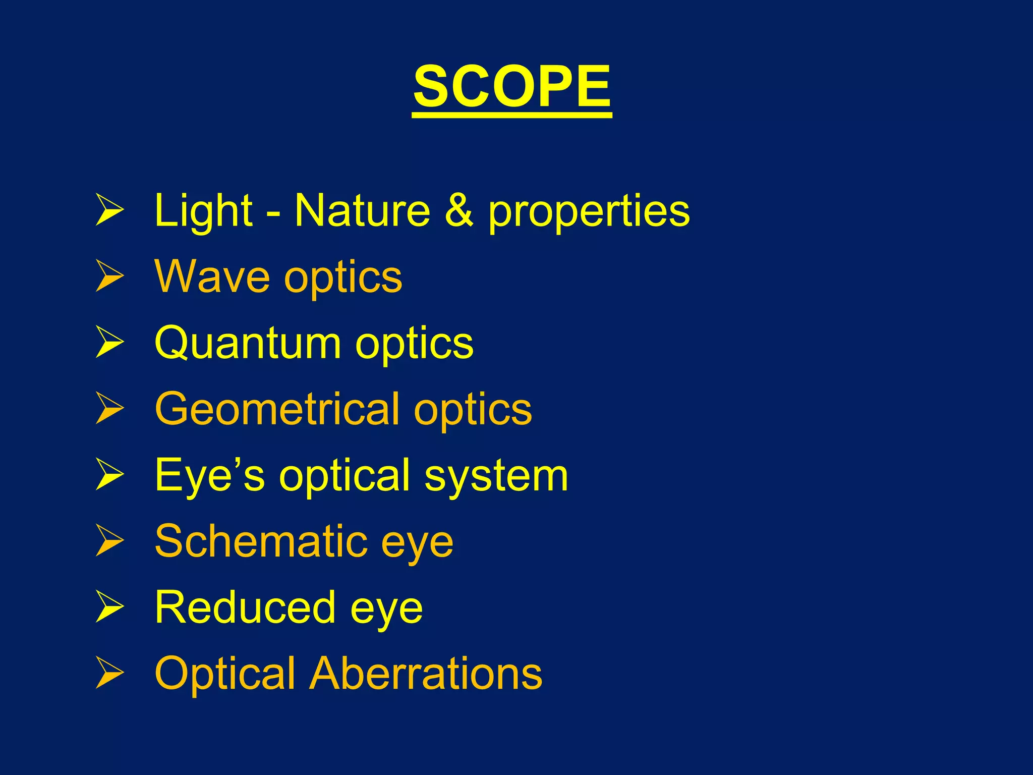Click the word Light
(x=203, y=210)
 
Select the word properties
(x=589, y=212)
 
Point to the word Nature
(x=362, y=210)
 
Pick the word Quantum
(x=248, y=343)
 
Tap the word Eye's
(x=209, y=475)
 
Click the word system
(x=496, y=477)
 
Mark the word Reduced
(x=245, y=607)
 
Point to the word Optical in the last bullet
(x=225, y=674)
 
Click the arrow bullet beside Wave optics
(x=109, y=276)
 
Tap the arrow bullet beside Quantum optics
(x=109, y=343)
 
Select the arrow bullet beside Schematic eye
(x=109, y=541)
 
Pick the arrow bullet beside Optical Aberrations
(x=109, y=673)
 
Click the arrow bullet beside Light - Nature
(x=109, y=210)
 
